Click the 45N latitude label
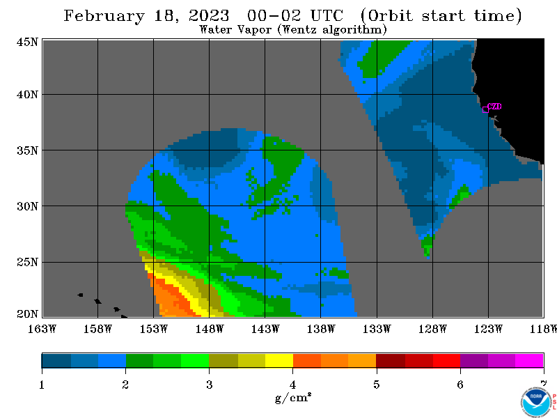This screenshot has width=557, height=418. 27,42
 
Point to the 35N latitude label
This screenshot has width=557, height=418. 27,150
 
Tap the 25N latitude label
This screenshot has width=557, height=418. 27,263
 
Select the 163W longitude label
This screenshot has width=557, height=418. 42,329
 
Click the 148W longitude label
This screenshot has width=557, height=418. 210,329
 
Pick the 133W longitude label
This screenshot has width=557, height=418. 377,329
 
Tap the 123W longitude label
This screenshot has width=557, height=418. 488,329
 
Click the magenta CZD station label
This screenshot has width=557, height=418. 494,107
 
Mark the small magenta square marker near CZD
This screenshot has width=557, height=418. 485,110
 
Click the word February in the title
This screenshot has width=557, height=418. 104,16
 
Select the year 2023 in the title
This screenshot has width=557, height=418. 209,15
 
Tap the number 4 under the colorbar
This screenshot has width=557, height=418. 292,385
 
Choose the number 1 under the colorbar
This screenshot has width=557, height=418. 42,385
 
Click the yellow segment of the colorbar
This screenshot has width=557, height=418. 279,360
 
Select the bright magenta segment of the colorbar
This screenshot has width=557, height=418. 529,360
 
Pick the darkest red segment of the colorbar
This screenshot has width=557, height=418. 391,360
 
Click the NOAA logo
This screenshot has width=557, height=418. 536,402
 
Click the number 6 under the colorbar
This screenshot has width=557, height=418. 460,385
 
